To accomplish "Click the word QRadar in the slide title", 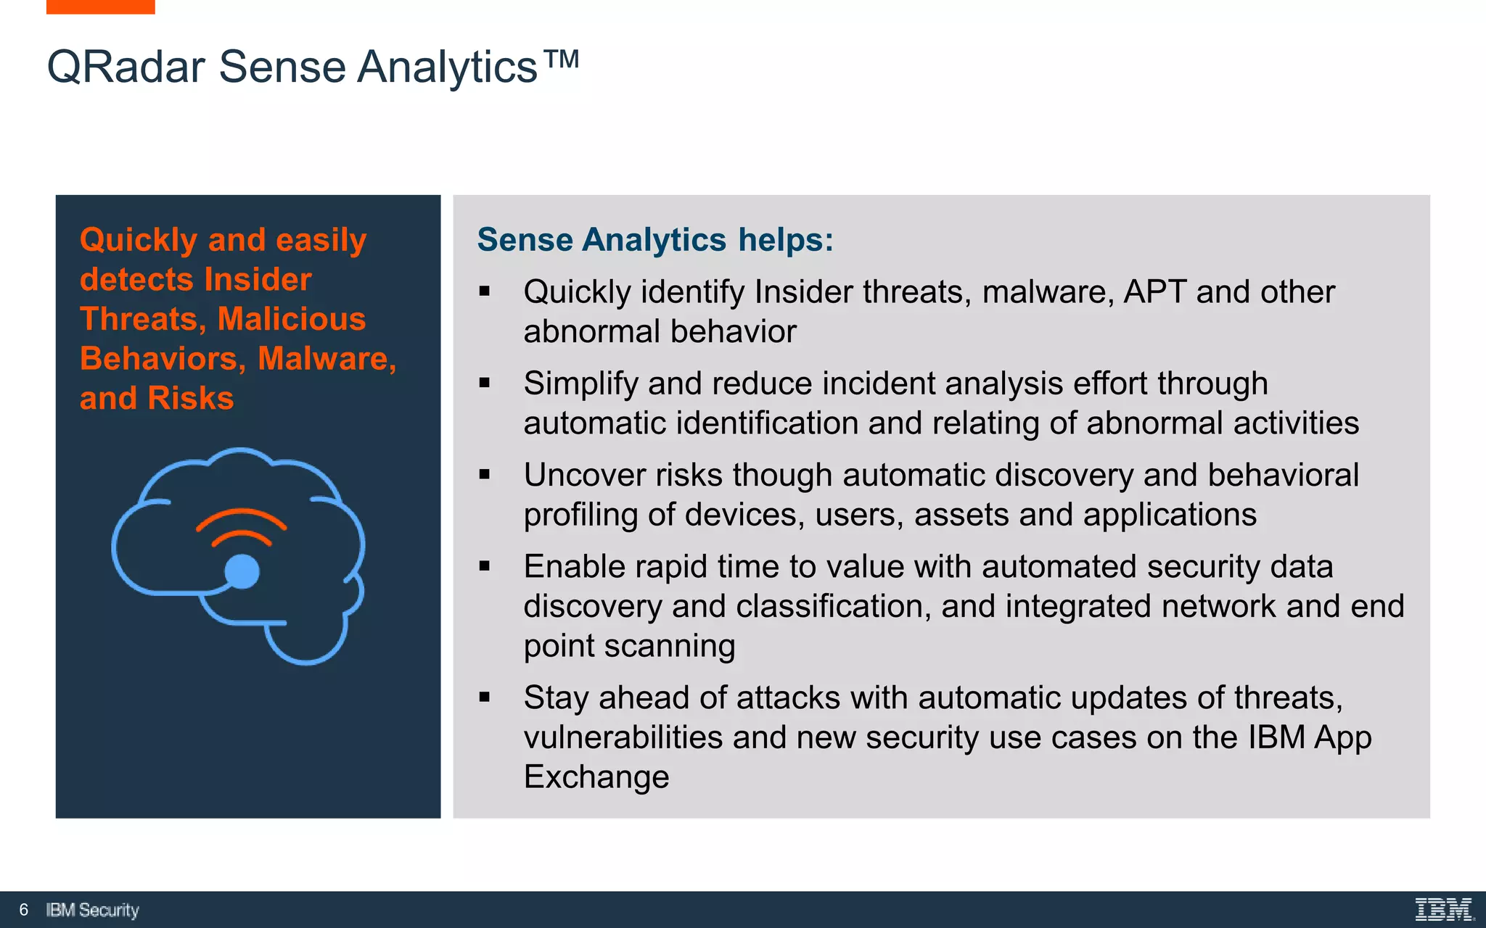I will [126, 67].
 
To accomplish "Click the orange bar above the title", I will [100, 7].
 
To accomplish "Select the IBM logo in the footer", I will [1443, 909].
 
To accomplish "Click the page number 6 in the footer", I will [24, 910].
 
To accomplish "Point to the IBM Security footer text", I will [92, 910].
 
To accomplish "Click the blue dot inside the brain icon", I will [242, 571].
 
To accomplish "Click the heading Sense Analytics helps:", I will [655, 240].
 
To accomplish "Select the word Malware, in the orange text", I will [327, 359].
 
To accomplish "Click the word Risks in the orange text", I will [190, 399].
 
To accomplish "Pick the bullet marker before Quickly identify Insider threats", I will [485, 292].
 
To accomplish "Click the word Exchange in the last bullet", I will [596, 777].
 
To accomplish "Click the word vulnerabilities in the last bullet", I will [623, 738].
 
